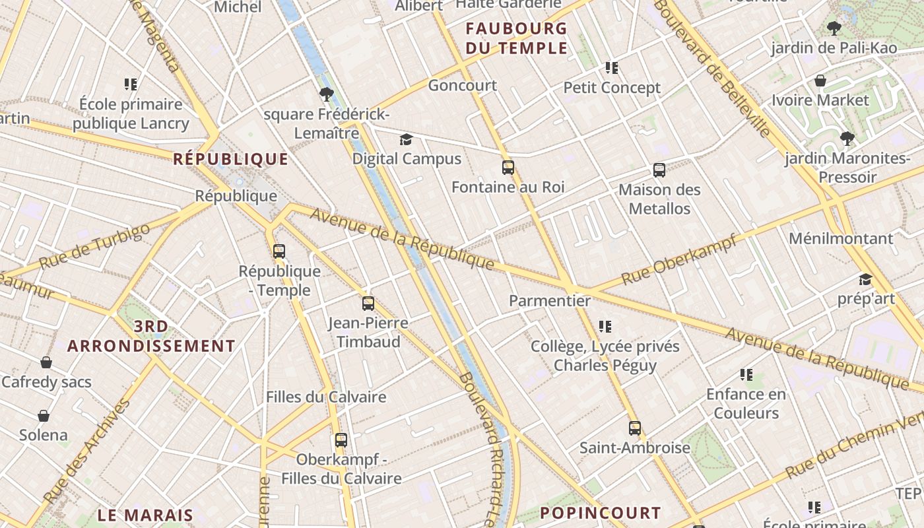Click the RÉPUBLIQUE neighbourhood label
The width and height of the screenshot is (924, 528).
tap(230, 159)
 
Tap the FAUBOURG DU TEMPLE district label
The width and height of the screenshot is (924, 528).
tap(516, 38)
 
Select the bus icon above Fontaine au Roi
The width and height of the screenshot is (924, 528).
tap(508, 168)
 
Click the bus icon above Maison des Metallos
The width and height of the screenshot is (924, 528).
tap(659, 170)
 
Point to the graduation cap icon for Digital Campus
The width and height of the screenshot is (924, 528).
tap(406, 140)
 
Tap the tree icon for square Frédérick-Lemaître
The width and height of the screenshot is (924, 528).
tap(326, 94)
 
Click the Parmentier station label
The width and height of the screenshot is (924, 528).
tap(550, 301)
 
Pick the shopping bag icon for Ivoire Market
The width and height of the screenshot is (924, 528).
tap(820, 81)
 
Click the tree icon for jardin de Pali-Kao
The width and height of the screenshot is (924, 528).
tap(834, 28)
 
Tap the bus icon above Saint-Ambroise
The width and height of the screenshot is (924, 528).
tap(634, 428)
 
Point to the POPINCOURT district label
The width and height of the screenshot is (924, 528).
tap(600, 513)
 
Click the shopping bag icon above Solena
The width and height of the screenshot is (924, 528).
tap(44, 416)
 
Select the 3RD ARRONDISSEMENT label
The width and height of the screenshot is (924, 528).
tap(151, 336)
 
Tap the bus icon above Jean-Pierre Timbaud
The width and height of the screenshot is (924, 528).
tap(368, 304)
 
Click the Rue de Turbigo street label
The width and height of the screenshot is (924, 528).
tap(94, 246)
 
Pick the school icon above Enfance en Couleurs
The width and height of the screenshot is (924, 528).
tap(746, 375)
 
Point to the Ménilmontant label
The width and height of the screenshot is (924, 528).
tap(841, 238)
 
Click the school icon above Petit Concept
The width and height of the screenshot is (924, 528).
tap(612, 68)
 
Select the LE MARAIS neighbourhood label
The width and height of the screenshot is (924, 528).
tap(145, 515)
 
